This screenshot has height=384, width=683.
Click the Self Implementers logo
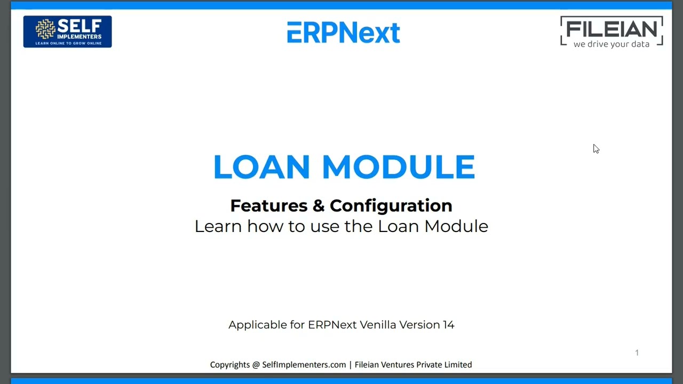67,31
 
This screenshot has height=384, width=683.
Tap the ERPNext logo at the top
343,33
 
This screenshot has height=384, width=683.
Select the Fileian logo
611,31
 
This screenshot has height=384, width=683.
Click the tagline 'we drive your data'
611,44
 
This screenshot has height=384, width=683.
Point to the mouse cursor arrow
595,149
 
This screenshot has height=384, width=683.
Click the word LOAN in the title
261,167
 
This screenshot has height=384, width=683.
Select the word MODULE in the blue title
398,167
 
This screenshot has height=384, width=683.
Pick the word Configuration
391,205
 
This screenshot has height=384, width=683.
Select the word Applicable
258,325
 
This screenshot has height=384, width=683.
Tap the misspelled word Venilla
377,325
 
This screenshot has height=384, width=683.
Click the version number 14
448,325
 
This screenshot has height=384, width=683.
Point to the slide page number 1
637,353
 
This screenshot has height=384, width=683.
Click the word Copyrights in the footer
229,365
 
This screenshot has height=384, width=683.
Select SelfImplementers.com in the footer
304,365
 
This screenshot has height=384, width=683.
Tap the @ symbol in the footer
256,365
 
